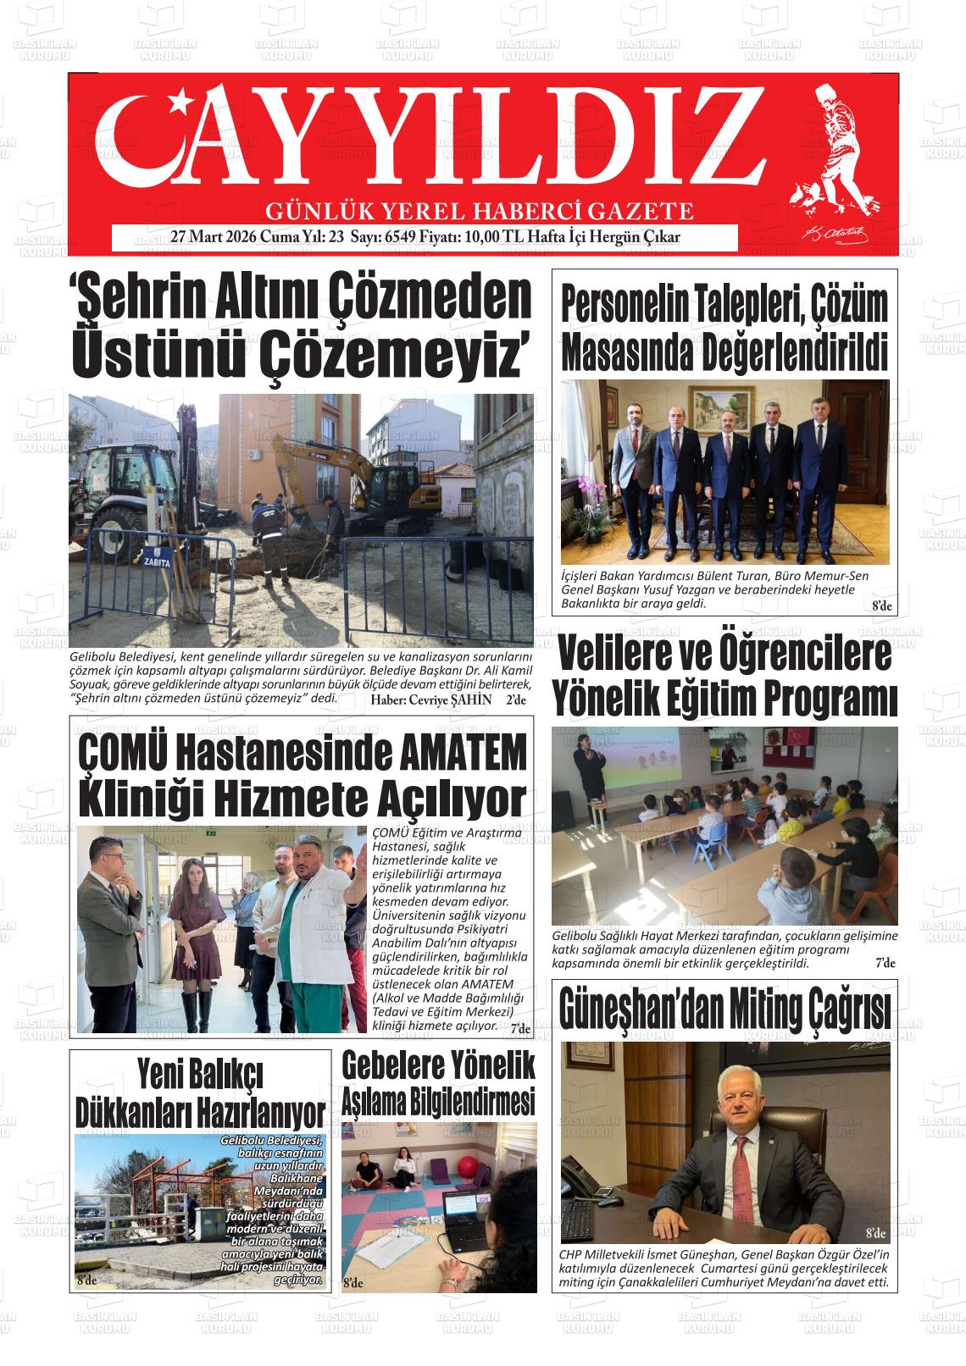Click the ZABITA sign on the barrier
[158, 561]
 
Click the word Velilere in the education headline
[615, 656]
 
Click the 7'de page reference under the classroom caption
[884, 963]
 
